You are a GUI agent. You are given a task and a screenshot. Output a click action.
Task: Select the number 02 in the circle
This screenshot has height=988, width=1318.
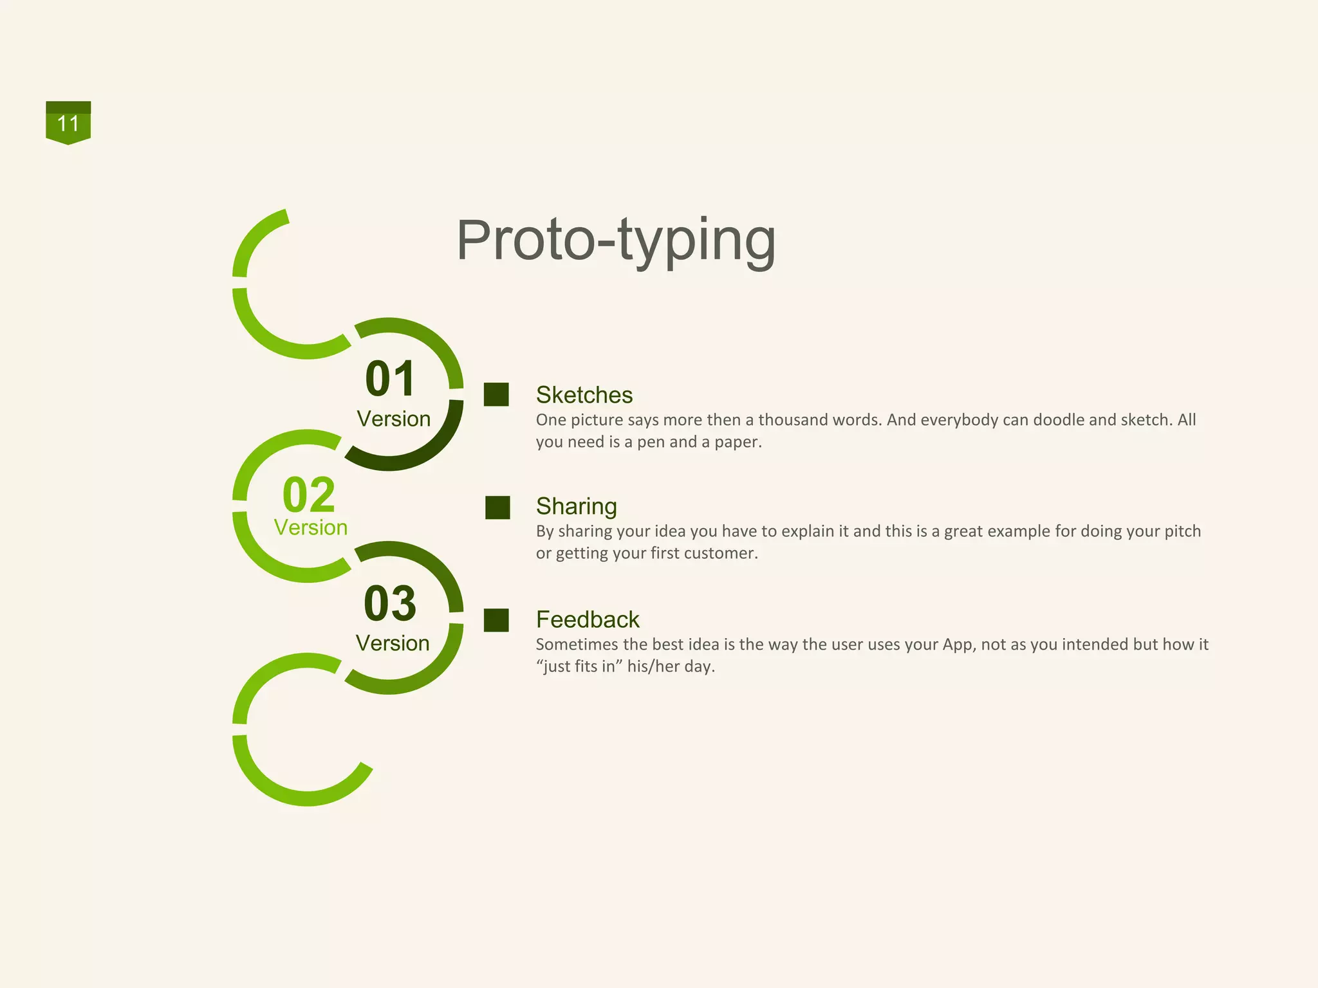tap(309, 494)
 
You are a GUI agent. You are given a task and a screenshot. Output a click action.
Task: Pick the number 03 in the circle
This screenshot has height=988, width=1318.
tap(390, 603)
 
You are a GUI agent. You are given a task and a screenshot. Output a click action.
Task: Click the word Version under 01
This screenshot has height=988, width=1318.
tap(394, 419)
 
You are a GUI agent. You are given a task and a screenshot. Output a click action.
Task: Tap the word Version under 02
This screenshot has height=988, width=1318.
tap(311, 527)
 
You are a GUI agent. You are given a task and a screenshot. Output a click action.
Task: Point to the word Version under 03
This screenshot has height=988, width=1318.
tap(393, 643)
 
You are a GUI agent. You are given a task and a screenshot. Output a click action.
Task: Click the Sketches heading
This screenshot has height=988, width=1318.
tap(584, 395)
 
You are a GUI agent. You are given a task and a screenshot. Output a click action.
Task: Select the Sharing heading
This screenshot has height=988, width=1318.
tap(576, 506)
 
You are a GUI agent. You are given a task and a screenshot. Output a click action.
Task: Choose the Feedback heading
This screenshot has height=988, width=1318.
tap(588, 619)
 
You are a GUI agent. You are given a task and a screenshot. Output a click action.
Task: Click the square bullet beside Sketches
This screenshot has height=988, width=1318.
tap(496, 395)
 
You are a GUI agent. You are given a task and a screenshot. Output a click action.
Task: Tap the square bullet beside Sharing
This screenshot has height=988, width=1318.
tap(497, 508)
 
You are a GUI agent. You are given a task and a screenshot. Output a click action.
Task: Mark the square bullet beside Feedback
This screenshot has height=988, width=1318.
tap(496, 621)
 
